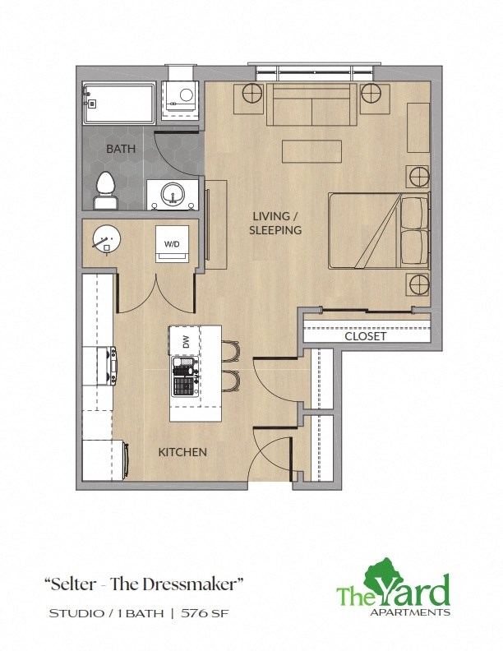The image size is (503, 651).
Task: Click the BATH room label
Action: [121, 149]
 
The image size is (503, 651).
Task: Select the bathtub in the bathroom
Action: [118, 103]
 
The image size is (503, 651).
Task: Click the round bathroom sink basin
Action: [173, 196]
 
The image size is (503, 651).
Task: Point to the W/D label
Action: [173, 244]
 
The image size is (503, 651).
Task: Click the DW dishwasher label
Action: [185, 340]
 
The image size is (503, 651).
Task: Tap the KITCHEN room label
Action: [182, 452]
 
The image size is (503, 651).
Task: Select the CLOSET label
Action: [366, 335]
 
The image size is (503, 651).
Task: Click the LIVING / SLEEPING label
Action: [275, 224]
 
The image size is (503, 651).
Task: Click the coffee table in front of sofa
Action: [311, 152]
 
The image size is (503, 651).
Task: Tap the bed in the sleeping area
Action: [378, 231]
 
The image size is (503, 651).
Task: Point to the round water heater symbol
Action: [106, 240]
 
